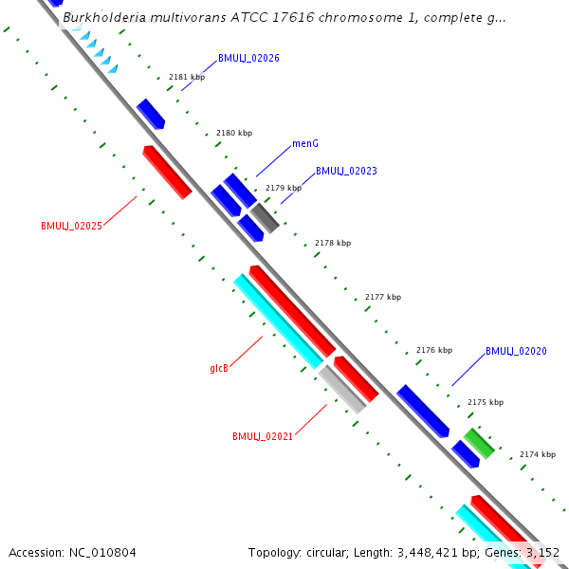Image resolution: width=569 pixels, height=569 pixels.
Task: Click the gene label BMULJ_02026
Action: click(x=248, y=58)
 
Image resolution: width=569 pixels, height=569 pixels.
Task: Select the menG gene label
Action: click(x=304, y=143)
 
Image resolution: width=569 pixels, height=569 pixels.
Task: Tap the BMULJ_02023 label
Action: click(x=346, y=171)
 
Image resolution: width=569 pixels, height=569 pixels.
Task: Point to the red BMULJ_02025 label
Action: click(x=71, y=226)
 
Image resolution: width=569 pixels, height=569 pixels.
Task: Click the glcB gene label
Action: click(x=219, y=368)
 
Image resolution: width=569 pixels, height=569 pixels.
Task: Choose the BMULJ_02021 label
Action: click(x=263, y=436)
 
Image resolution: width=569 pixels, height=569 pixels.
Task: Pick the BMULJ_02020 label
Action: click(x=516, y=351)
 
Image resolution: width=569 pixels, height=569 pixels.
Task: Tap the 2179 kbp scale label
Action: click(x=283, y=188)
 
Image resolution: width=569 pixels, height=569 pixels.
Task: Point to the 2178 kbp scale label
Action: click(x=332, y=243)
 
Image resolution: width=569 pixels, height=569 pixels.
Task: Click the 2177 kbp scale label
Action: click(x=382, y=297)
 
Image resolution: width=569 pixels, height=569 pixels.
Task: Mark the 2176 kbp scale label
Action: click(x=434, y=350)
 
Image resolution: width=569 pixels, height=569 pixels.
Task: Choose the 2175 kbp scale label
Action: click(x=486, y=402)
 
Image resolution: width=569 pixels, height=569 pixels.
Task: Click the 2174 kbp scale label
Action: click(x=538, y=454)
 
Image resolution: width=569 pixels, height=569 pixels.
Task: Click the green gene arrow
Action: click(x=478, y=443)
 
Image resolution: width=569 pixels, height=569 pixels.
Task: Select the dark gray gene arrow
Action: click(x=265, y=218)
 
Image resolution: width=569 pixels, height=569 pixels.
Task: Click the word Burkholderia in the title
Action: click(x=106, y=17)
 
